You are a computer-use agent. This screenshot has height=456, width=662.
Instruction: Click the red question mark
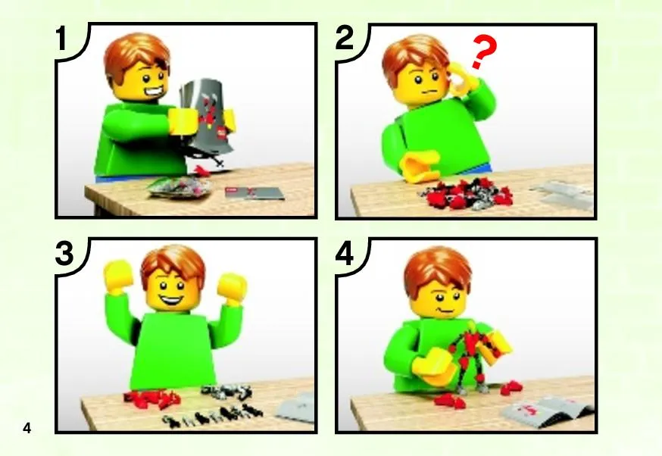(484, 50)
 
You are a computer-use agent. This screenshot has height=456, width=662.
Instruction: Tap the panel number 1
(61, 39)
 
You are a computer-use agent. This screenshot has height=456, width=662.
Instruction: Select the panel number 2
(345, 39)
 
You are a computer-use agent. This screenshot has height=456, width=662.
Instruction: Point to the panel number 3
(64, 254)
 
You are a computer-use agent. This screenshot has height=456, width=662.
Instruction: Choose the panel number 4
(345, 255)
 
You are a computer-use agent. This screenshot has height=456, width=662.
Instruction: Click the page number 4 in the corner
(27, 428)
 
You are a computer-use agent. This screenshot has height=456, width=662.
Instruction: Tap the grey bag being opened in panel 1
(206, 116)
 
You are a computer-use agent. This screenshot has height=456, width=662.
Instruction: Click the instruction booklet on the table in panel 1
(254, 192)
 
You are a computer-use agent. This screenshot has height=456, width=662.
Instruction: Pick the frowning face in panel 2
(420, 84)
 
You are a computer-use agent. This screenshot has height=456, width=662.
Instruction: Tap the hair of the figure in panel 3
(173, 264)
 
